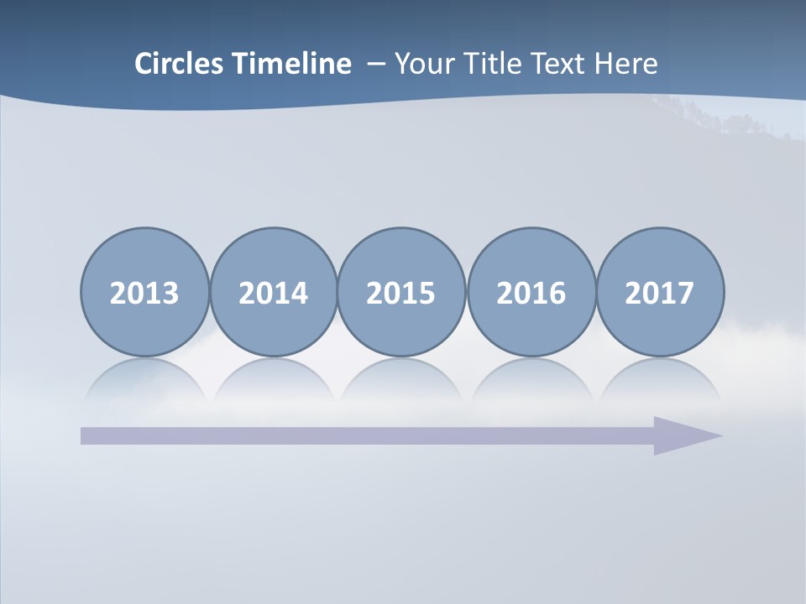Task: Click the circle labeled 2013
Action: click(x=144, y=293)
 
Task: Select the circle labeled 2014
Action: click(x=274, y=293)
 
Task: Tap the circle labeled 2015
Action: click(x=401, y=293)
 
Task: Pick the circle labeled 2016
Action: click(x=531, y=293)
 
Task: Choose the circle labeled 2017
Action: click(x=660, y=293)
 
